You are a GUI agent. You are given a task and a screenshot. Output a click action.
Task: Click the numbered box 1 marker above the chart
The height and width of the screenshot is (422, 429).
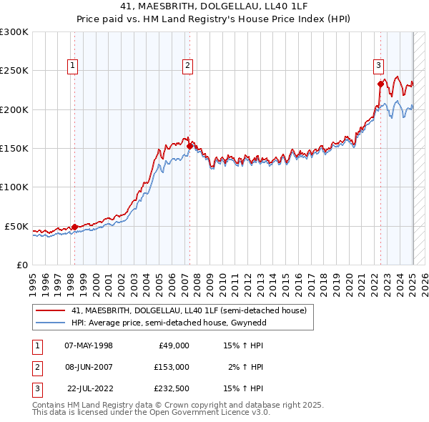coord(73,66)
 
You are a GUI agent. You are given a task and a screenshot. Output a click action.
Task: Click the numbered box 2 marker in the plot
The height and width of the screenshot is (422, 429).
coord(187,66)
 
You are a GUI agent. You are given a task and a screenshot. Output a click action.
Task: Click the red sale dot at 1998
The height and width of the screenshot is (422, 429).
coord(74,227)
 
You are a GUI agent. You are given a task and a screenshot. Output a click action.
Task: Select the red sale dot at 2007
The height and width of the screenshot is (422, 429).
coord(189,146)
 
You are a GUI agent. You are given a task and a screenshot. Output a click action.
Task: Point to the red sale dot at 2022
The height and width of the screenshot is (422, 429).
coord(380,84)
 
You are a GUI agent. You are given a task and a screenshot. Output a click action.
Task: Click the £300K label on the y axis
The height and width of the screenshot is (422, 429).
coord(14,32)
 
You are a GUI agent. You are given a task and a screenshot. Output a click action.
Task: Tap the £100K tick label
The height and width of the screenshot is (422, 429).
coord(14,187)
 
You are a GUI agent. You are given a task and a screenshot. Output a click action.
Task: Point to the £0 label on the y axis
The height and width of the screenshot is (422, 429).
coord(21,265)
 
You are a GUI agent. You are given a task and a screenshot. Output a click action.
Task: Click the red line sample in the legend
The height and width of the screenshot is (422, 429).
coord(49,310)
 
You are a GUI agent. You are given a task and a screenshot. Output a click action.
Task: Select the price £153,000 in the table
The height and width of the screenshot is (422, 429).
coord(172,367)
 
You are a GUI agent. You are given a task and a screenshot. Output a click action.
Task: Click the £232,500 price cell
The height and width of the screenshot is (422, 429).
coord(172,388)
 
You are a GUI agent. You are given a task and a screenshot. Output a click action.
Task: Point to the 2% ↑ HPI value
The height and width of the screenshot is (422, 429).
coord(246,367)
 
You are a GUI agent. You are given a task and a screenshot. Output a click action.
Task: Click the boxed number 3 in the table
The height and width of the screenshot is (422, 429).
coord(36,388)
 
